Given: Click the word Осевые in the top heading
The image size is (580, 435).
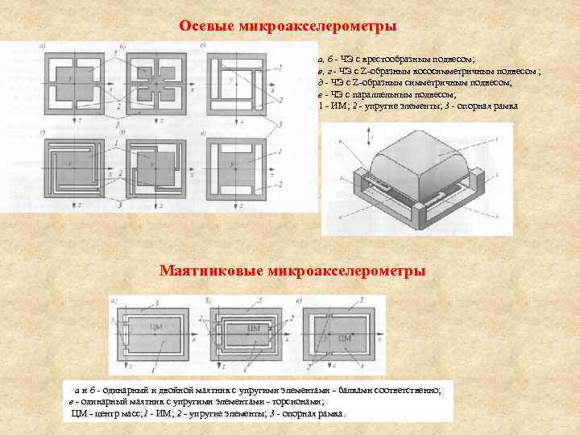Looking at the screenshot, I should pos(205,27).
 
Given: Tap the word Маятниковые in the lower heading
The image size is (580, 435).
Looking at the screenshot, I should pos(210,270).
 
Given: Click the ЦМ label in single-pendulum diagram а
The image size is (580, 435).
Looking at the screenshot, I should pos(158,326).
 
